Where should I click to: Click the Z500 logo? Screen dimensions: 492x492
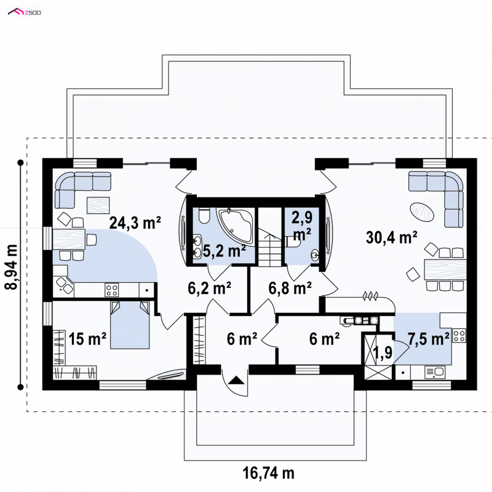[x=25, y=12]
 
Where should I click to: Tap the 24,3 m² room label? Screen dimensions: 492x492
[x=135, y=223]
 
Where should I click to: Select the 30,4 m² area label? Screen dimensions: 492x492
[x=391, y=237]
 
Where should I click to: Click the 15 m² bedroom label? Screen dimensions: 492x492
[x=87, y=339]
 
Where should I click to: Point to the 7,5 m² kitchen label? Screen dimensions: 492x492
[x=428, y=339]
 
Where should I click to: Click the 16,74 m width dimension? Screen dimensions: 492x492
[x=269, y=472]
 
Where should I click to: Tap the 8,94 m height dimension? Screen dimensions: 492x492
[x=11, y=267]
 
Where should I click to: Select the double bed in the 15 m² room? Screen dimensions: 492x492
[x=130, y=325]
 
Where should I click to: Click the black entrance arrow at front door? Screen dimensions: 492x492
[x=236, y=381]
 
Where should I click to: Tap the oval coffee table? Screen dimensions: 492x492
[x=422, y=212]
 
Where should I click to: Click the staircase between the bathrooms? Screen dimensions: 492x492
[x=269, y=248]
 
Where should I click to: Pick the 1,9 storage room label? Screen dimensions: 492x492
[x=383, y=352]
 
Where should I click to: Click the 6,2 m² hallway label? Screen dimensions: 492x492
[x=210, y=288]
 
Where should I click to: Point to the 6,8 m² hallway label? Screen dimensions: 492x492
[x=290, y=288]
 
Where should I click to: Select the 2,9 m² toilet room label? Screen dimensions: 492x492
[x=302, y=226]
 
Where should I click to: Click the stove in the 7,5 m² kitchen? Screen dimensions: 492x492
[x=459, y=335]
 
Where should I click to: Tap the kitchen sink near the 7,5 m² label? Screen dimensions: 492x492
[x=435, y=373]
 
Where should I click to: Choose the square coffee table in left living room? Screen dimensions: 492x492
[x=98, y=205]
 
